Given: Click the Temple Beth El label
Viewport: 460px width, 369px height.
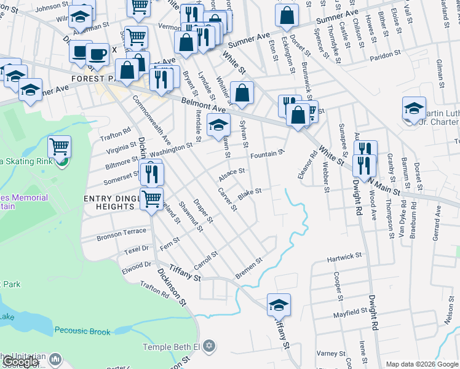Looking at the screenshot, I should coord(172,347).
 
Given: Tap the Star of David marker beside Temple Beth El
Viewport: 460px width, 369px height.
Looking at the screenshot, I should coord(209,347).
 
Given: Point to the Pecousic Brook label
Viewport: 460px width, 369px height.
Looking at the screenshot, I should coord(82,331).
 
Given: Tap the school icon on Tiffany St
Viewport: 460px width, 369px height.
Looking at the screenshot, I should coord(279,304).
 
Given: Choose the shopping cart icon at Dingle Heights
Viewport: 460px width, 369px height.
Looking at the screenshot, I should coord(152,198).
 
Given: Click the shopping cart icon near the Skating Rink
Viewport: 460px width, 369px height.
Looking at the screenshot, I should coord(60,147).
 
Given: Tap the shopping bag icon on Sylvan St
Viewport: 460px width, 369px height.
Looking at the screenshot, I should coord(242,93).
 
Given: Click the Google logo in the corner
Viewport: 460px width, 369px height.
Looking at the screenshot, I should coord(20,362).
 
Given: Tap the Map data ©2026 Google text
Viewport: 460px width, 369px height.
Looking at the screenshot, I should coord(422,364).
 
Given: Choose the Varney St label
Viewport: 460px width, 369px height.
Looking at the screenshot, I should coord(331,354).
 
